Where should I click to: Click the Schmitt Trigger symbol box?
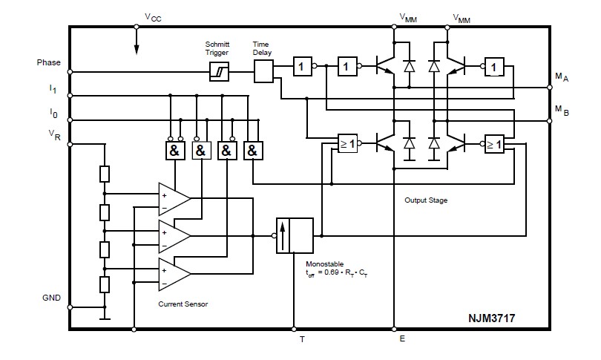pyautogui.click(x=219, y=71)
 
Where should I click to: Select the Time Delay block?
pyautogui.click(x=263, y=71)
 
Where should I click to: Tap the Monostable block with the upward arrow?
pyautogui.click(x=295, y=236)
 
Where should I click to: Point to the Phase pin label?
pyautogui.click(x=49, y=63)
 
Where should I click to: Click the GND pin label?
pyautogui.click(x=51, y=297)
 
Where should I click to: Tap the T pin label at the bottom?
pyautogui.click(x=302, y=340)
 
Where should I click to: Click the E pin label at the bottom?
pyautogui.click(x=401, y=340)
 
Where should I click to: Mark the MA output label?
pyautogui.click(x=562, y=76)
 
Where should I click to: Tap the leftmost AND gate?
pyautogui.click(x=174, y=151)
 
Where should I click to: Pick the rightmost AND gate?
pyautogui.click(x=253, y=151)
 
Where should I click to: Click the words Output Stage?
pyautogui.click(x=426, y=200)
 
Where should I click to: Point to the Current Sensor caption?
pyautogui.click(x=183, y=304)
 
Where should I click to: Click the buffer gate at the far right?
pyautogui.click(x=493, y=68)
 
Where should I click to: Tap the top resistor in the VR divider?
pyautogui.click(x=105, y=174)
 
